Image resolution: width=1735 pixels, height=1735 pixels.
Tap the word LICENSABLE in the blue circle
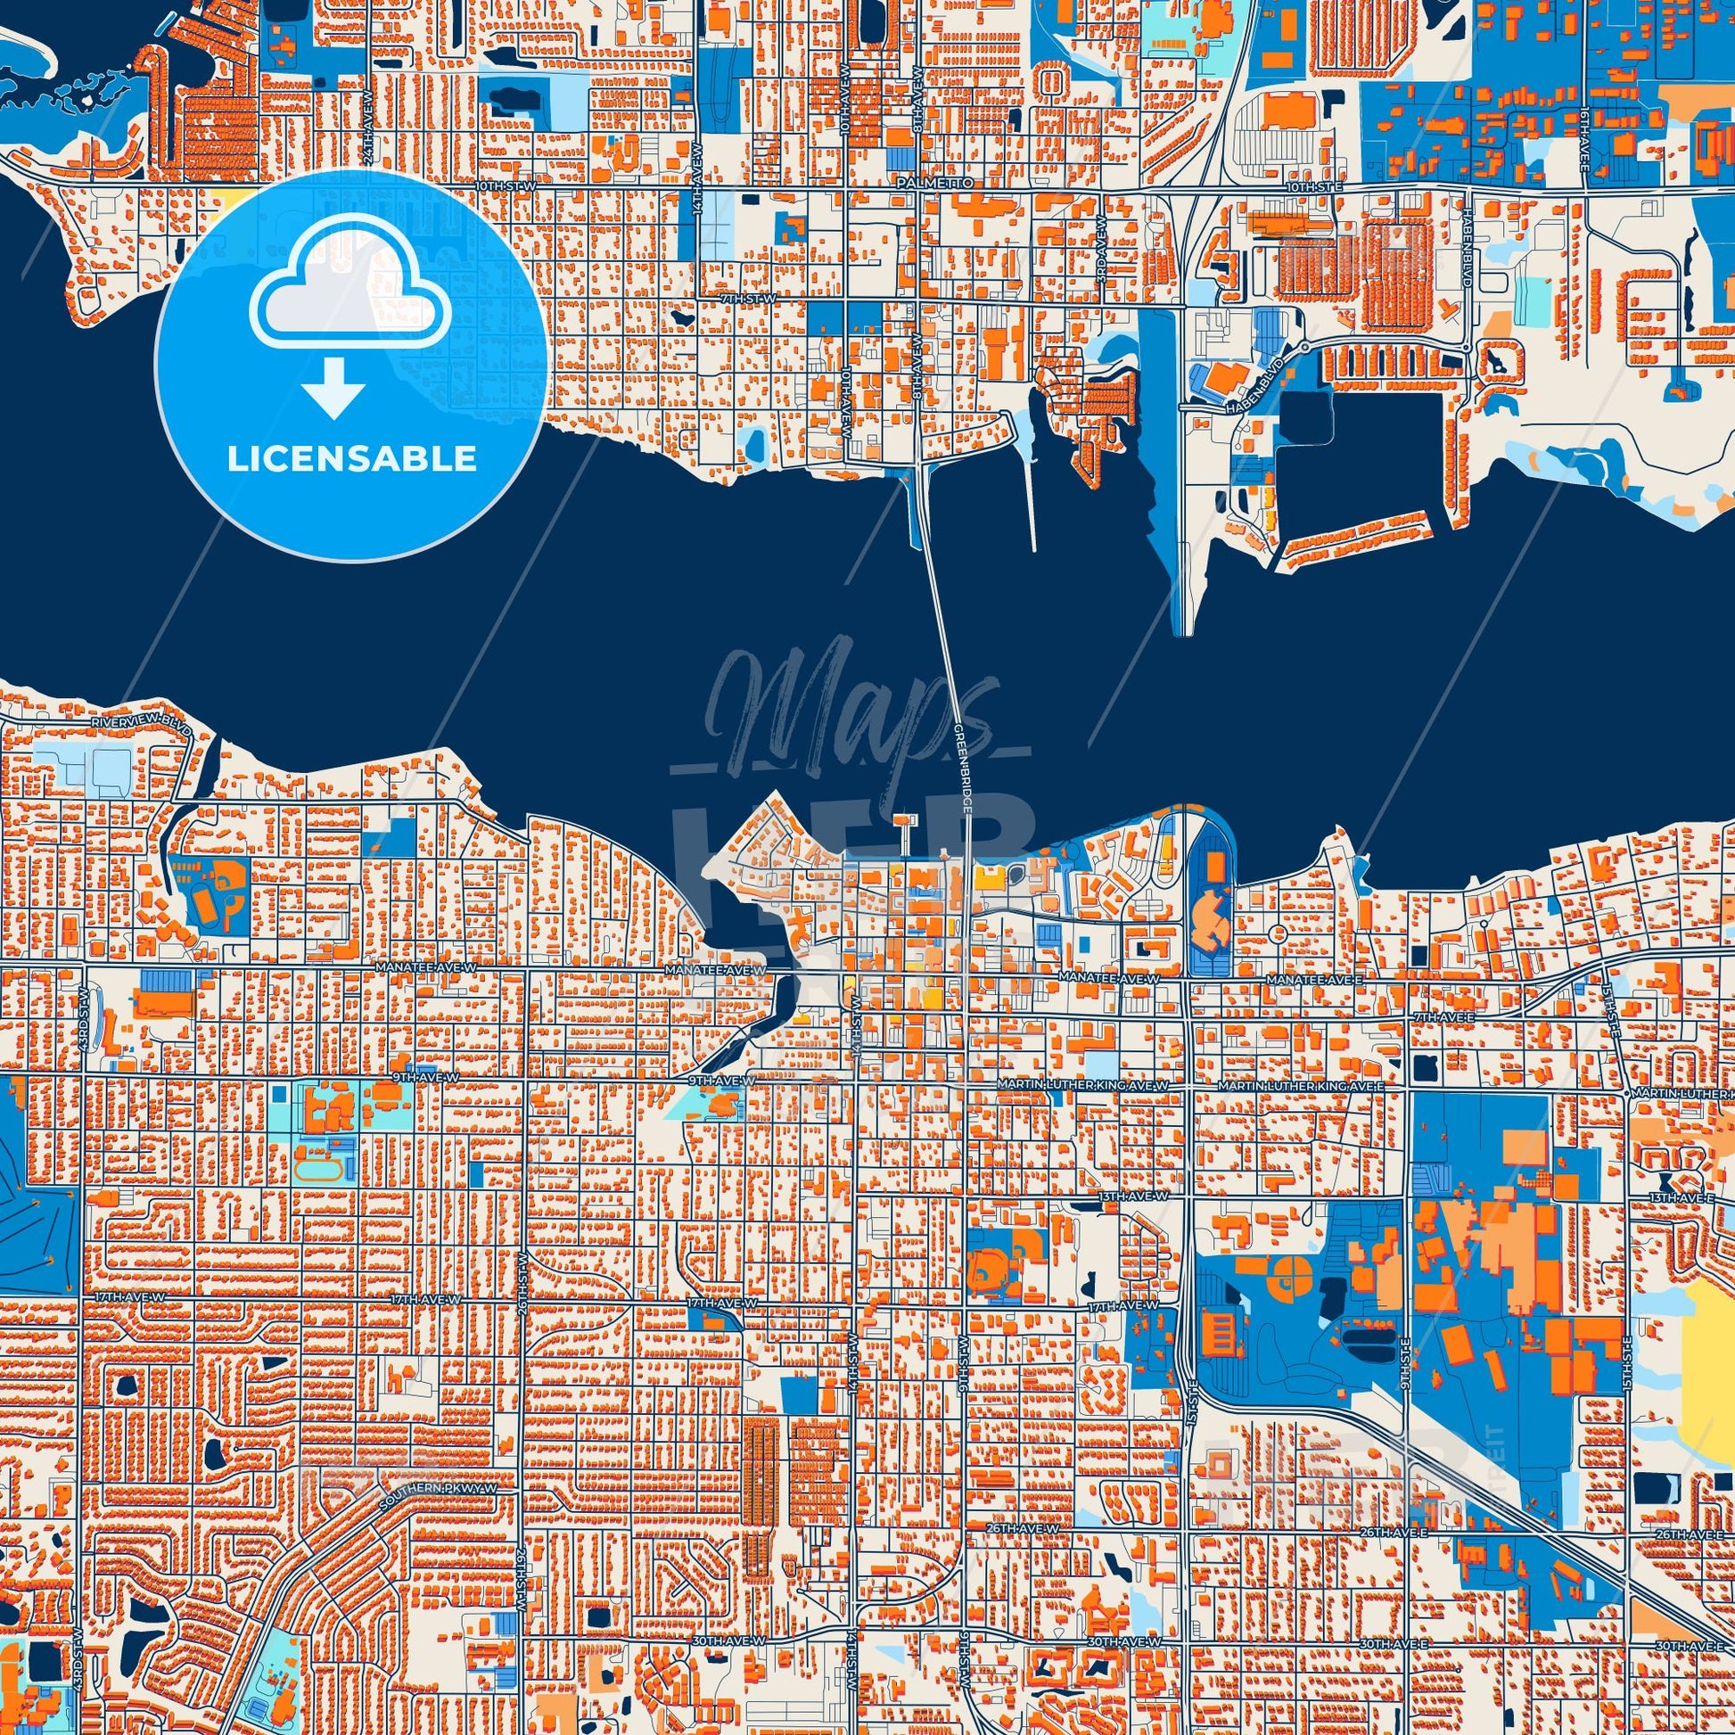[351, 460]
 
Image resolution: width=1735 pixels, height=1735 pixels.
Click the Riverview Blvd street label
[141, 723]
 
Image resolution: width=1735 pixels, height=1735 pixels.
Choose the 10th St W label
[505, 185]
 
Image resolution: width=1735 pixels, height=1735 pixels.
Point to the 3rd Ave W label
[1101, 261]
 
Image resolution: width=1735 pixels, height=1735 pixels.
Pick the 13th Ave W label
[1133, 1197]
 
